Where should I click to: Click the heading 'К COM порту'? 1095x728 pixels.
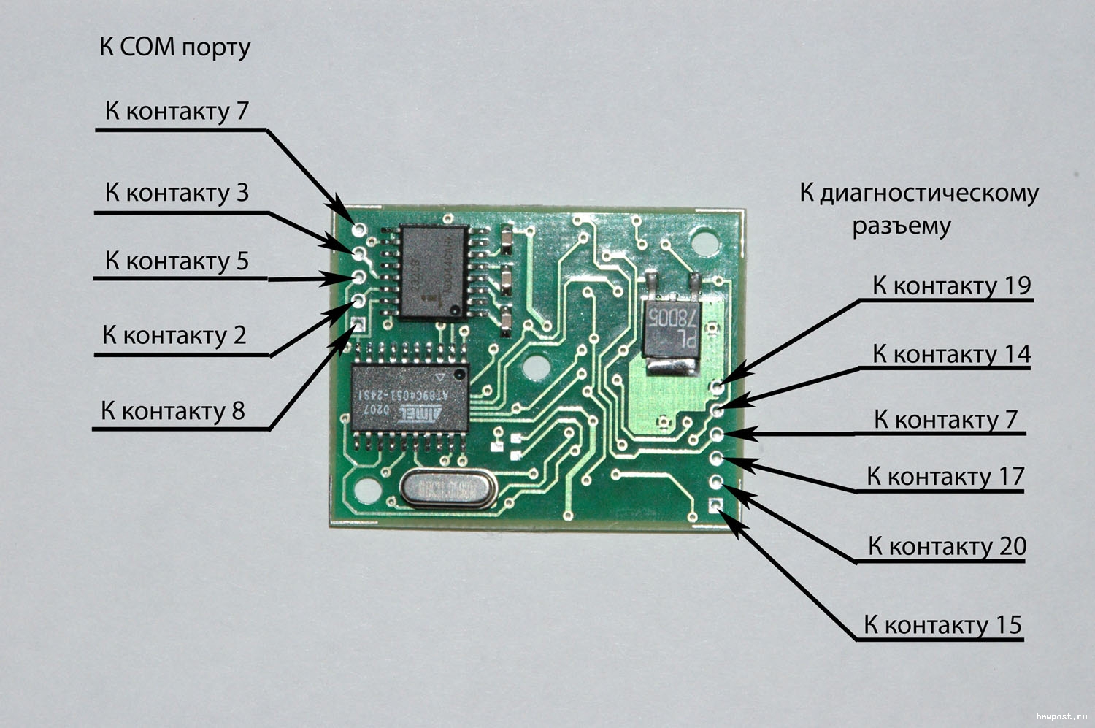tap(174, 47)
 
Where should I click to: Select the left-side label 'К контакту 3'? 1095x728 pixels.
tap(177, 193)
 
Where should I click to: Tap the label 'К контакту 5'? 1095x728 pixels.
tap(177, 261)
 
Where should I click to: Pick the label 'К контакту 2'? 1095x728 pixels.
tap(174, 335)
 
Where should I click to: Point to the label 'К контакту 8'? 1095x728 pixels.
tap(172, 410)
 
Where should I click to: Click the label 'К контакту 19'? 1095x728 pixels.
tap(951, 286)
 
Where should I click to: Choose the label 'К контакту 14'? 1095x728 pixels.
tap(951, 354)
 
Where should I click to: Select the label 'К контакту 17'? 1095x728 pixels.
tap(945, 477)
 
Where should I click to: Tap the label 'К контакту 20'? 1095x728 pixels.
tap(947, 546)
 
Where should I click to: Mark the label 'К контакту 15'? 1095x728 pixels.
tap(942, 625)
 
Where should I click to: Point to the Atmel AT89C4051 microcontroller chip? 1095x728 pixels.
tap(410, 399)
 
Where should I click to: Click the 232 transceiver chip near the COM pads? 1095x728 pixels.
tap(433, 272)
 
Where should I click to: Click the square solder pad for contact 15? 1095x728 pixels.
tap(715, 505)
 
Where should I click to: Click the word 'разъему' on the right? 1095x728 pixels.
tap(902, 226)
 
